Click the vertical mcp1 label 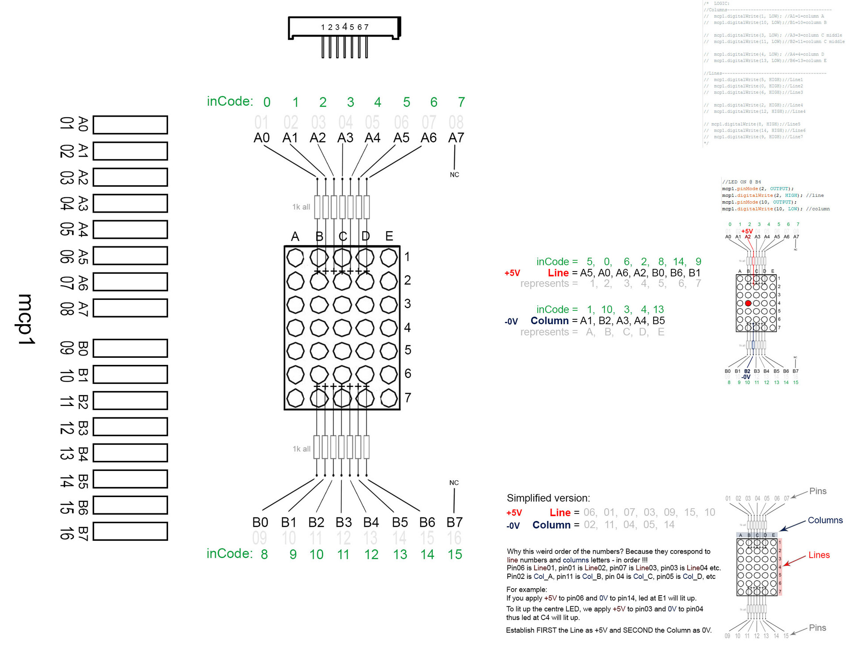[x=26, y=319]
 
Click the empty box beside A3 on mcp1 [x=130, y=203]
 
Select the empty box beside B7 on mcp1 [x=130, y=531]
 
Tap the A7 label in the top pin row [x=456, y=138]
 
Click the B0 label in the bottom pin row [x=260, y=522]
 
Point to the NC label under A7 [x=454, y=175]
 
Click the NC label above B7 [x=454, y=482]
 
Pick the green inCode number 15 [x=455, y=554]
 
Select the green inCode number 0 [x=267, y=102]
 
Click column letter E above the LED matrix [x=389, y=236]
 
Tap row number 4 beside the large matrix [x=407, y=327]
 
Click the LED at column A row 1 [x=295, y=258]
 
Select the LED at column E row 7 [x=389, y=398]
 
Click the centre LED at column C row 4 [x=342, y=328]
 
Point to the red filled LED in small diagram [x=748, y=303]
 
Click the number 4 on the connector [x=344, y=27]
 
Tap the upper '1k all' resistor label [x=301, y=207]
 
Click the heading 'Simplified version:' [x=548, y=498]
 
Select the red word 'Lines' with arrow [x=818, y=555]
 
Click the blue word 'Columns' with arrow [x=825, y=520]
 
